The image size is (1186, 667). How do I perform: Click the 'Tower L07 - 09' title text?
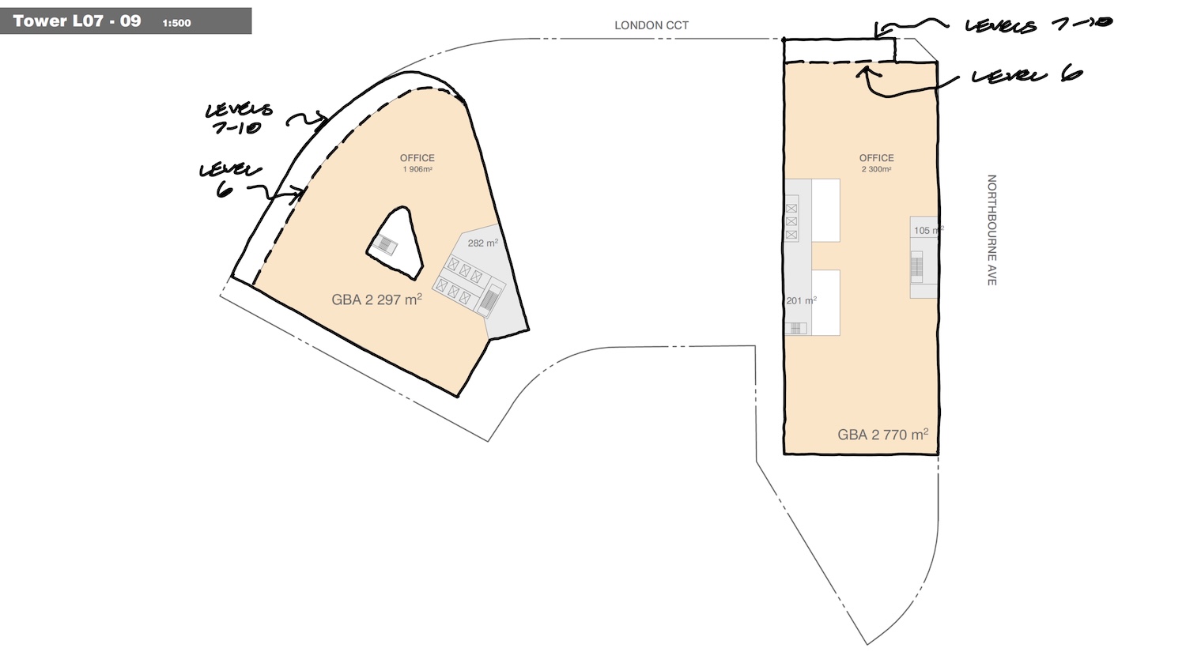[x=77, y=21]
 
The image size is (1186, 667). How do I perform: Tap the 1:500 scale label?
[x=177, y=23]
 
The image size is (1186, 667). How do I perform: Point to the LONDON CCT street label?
[x=652, y=25]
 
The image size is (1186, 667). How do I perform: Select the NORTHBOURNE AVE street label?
[x=991, y=230]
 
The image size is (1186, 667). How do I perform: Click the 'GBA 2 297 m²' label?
[x=376, y=300]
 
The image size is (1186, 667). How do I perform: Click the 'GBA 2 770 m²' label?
[x=882, y=435]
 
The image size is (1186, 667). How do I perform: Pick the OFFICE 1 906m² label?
[x=417, y=163]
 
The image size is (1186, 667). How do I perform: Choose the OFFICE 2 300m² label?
[x=876, y=163]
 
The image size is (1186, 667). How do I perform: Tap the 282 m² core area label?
[x=482, y=243]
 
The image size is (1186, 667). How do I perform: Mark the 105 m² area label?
[x=929, y=230]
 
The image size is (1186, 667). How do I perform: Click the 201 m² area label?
[x=801, y=300]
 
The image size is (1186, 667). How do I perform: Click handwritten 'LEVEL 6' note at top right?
[x=1026, y=76]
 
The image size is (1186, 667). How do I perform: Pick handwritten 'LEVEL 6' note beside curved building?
[x=229, y=179]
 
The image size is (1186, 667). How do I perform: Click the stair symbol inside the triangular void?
[x=385, y=244]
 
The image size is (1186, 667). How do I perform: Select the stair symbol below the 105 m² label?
[x=916, y=267]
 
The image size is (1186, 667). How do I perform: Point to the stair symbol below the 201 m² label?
[x=795, y=329]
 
